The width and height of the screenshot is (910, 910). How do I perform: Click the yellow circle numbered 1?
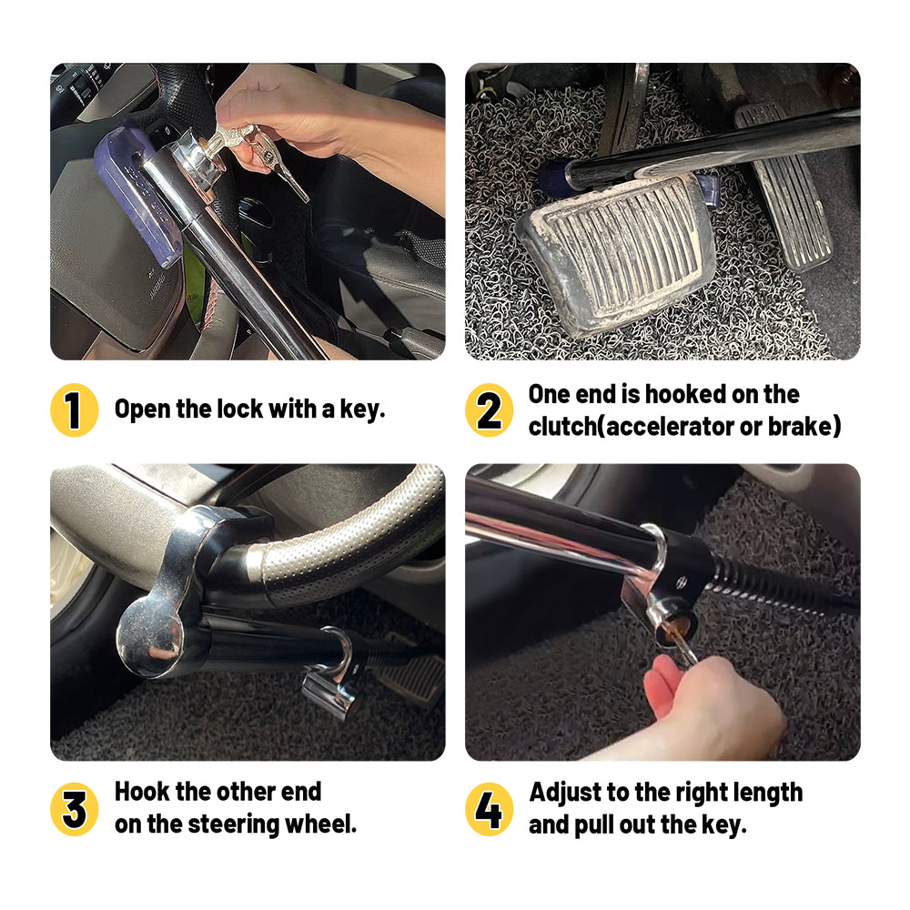click(75, 409)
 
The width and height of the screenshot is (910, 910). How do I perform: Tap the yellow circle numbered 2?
click(490, 409)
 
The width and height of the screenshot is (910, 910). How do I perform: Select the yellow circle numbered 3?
click(75, 809)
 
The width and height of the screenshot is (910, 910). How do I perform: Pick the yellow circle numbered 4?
click(490, 809)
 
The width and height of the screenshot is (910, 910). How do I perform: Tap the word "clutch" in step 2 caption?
click(562, 427)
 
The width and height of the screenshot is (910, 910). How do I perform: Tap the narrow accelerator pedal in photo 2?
click(784, 186)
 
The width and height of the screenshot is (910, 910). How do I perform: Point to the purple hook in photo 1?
click(135, 195)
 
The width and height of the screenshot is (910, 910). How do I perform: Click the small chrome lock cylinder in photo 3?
click(331, 693)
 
